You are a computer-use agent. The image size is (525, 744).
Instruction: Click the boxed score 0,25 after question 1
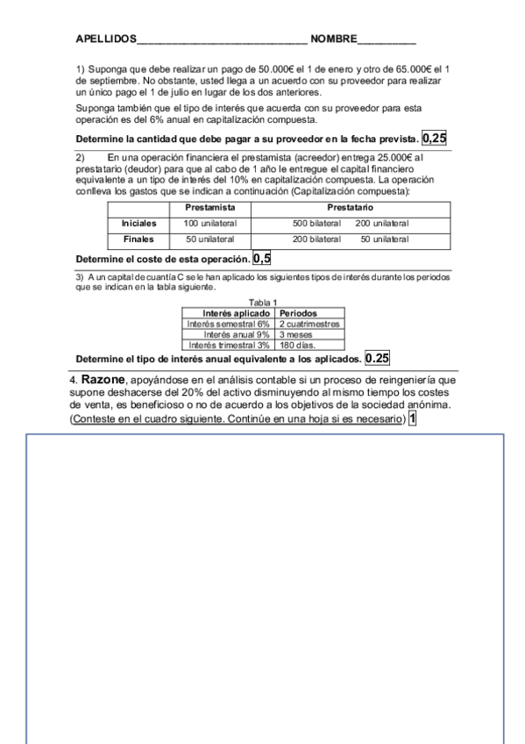(x=434, y=138)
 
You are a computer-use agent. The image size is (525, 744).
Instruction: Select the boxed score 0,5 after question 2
(x=261, y=259)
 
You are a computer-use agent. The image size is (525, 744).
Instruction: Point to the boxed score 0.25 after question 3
(x=378, y=358)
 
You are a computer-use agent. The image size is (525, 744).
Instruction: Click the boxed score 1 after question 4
(x=412, y=419)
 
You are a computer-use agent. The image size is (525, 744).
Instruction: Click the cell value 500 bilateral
(x=316, y=224)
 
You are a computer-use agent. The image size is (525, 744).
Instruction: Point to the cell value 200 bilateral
(x=316, y=239)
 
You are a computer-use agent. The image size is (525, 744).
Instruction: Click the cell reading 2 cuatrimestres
(x=309, y=324)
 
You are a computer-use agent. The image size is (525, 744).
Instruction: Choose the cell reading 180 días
(x=296, y=345)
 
